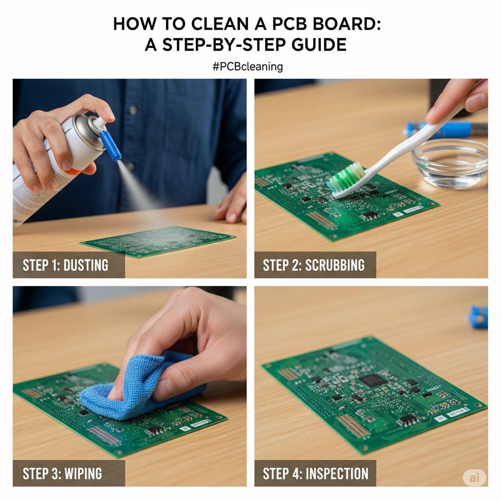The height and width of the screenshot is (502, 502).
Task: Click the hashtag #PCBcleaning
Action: pos(248,67)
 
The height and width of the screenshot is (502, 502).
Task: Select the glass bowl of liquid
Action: pos(450,164)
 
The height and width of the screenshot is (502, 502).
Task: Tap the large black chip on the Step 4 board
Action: pos(373,380)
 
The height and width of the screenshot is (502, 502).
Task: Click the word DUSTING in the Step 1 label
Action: pos(86,265)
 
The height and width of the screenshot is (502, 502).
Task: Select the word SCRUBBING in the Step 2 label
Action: pos(335,265)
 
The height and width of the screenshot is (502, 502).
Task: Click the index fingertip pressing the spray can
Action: pos(110,114)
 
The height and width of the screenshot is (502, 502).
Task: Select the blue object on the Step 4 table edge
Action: pos(479,316)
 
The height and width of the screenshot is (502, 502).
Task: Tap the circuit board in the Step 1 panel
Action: pos(158,241)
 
